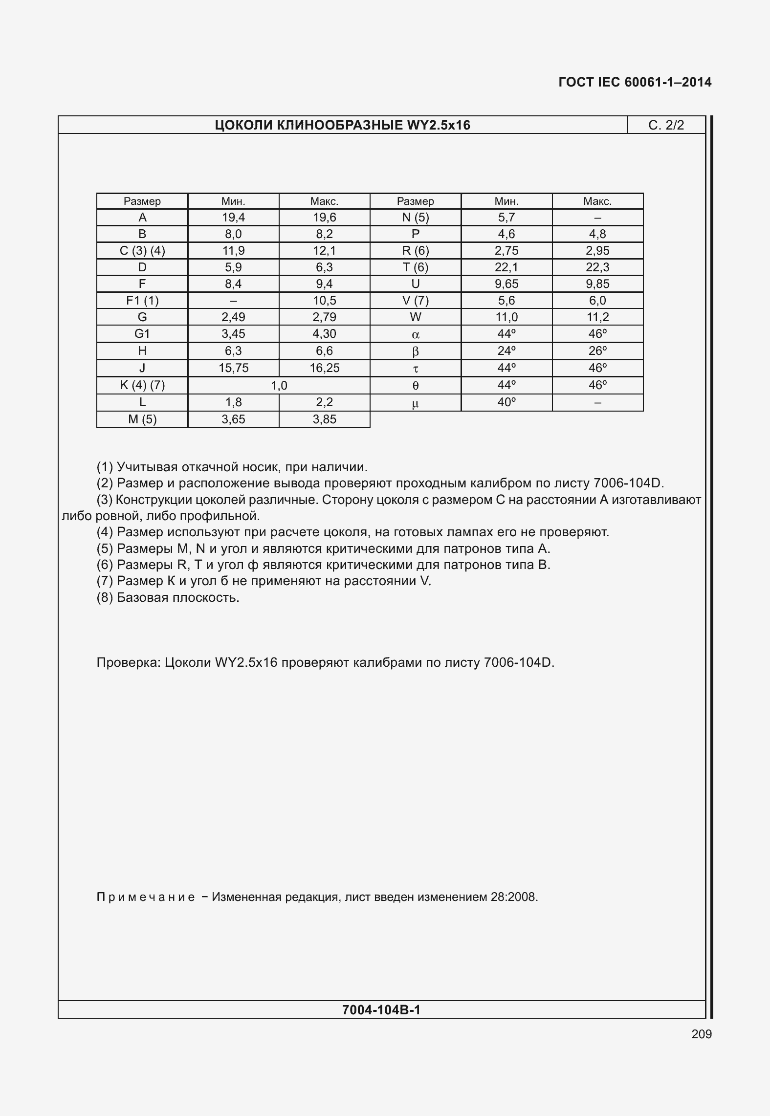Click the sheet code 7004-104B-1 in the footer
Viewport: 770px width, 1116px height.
coord(381,1010)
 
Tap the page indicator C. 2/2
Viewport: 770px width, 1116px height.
coord(666,125)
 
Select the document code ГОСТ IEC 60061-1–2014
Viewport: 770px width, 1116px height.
coord(635,82)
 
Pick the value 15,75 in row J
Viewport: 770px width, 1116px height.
coord(233,368)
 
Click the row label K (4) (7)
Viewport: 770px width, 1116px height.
coord(142,385)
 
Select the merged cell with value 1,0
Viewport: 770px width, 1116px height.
coord(279,386)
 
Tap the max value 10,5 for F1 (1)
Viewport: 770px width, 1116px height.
coord(324,301)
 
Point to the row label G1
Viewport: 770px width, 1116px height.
coord(142,334)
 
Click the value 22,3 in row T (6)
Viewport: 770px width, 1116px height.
coord(597,267)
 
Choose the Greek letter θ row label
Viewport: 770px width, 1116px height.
coord(416,386)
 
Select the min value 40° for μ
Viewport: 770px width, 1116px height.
coord(506,402)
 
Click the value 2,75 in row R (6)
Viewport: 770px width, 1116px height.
coord(506,251)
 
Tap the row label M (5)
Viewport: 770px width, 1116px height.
coord(142,419)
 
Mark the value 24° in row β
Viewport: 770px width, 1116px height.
coord(506,351)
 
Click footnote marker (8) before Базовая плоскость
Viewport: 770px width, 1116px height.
coord(105,597)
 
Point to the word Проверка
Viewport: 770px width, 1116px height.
coord(128,662)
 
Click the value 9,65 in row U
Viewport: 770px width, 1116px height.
coord(506,284)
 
